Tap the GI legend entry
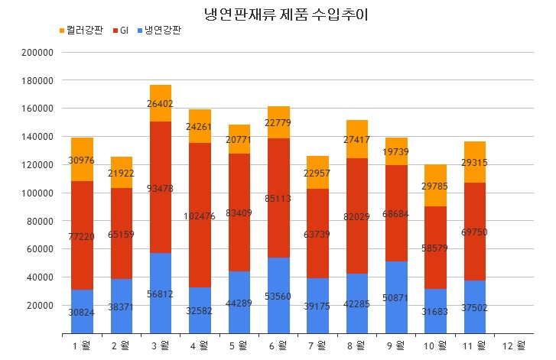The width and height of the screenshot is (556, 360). [125, 31]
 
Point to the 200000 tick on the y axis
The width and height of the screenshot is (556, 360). [37, 53]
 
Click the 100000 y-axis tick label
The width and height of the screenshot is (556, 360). [37, 193]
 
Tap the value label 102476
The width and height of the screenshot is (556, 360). [200, 216]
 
